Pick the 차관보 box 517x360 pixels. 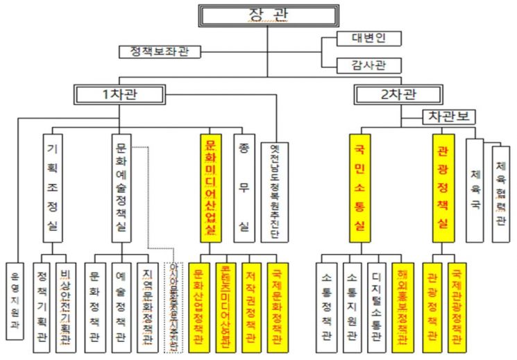449,117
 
